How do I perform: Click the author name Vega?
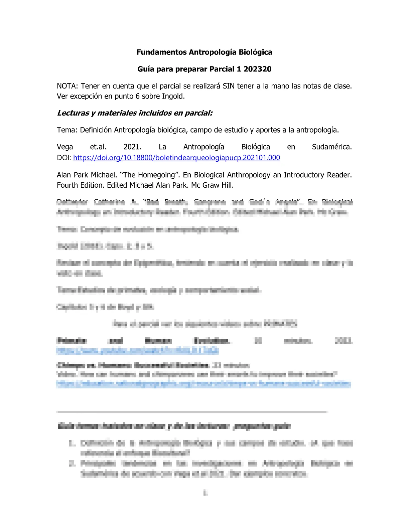pyautogui.click(x=65, y=147)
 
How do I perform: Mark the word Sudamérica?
pyautogui.click(x=331, y=147)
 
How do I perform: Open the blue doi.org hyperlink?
pyautogui.click(x=176, y=158)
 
